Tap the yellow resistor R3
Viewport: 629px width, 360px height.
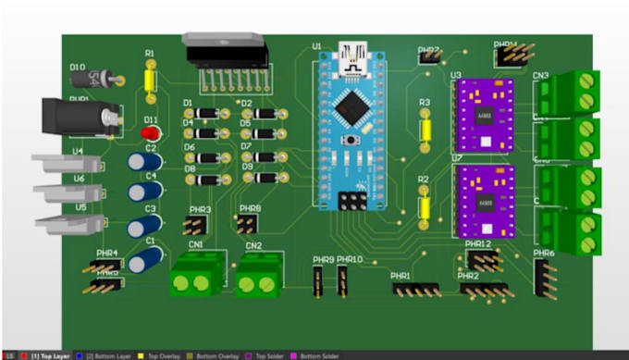coord(425,128)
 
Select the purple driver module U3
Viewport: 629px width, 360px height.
coord(483,115)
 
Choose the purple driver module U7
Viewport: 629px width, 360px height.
coord(483,200)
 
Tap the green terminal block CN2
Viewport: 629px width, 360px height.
coord(257,277)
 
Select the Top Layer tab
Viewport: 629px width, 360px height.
coord(49,355)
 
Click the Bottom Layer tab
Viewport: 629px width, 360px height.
coord(110,355)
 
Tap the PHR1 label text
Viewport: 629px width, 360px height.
coord(400,276)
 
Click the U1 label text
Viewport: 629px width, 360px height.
coord(316,45)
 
